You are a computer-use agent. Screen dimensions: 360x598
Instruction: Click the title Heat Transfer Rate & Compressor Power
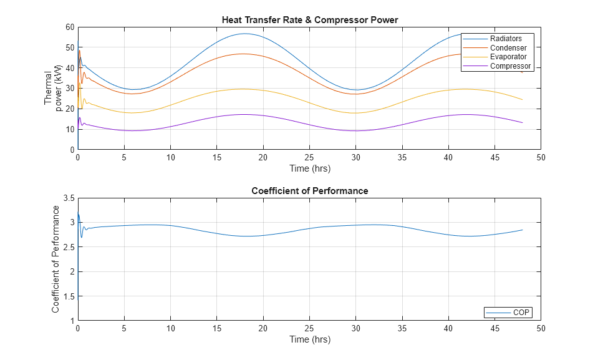click(x=309, y=20)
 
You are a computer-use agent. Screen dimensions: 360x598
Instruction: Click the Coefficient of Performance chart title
click(x=309, y=191)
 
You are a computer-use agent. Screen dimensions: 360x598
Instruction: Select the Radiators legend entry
click(x=506, y=39)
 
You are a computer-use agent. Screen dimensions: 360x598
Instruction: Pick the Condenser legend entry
click(x=508, y=48)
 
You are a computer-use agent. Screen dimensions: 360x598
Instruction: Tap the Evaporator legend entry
click(x=508, y=57)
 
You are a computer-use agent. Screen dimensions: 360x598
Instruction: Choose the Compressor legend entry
click(x=510, y=66)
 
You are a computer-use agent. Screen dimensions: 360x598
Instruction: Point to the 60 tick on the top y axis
click(x=69, y=27)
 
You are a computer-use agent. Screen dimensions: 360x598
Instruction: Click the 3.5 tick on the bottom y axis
click(x=67, y=198)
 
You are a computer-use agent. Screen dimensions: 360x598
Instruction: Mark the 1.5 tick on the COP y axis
click(x=67, y=296)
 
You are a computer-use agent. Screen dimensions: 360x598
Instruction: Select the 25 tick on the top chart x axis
click(x=309, y=157)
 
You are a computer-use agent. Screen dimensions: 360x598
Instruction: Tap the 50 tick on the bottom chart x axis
click(x=541, y=328)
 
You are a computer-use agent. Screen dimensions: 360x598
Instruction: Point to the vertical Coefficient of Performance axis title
click(x=55, y=260)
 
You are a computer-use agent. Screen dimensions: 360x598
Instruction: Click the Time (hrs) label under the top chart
click(x=309, y=168)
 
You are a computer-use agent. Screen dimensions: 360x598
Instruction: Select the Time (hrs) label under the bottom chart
click(x=309, y=339)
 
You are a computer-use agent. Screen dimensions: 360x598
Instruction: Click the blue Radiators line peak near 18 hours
click(x=244, y=34)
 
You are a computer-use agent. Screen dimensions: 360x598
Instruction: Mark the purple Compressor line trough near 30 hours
click(x=355, y=130)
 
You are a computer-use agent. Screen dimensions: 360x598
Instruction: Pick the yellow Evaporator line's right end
click(x=522, y=100)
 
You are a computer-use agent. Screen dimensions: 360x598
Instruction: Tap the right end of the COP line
click(x=522, y=230)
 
